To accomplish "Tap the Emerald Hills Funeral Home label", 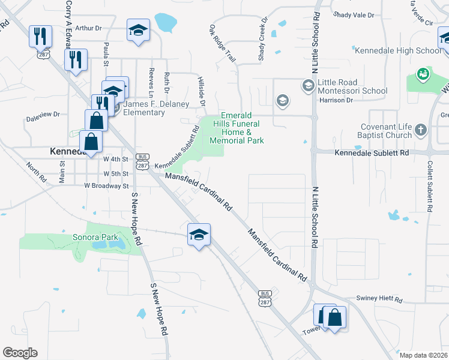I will click(x=237, y=128).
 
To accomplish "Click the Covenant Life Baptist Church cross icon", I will click(x=420, y=130).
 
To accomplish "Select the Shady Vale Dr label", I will click(x=353, y=14).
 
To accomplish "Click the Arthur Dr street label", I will click(x=89, y=28).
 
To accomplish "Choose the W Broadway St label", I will click(x=106, y=186).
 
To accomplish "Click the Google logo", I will click(x=20, y=352).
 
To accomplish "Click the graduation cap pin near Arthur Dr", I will click(x=138, y=30).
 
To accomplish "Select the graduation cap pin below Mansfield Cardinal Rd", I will click(x=199, y=234).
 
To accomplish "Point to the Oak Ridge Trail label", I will click(x=222, y=44).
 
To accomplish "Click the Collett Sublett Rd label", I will click(x=430, y=186).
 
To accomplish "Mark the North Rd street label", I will click(x=36, y=171).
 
